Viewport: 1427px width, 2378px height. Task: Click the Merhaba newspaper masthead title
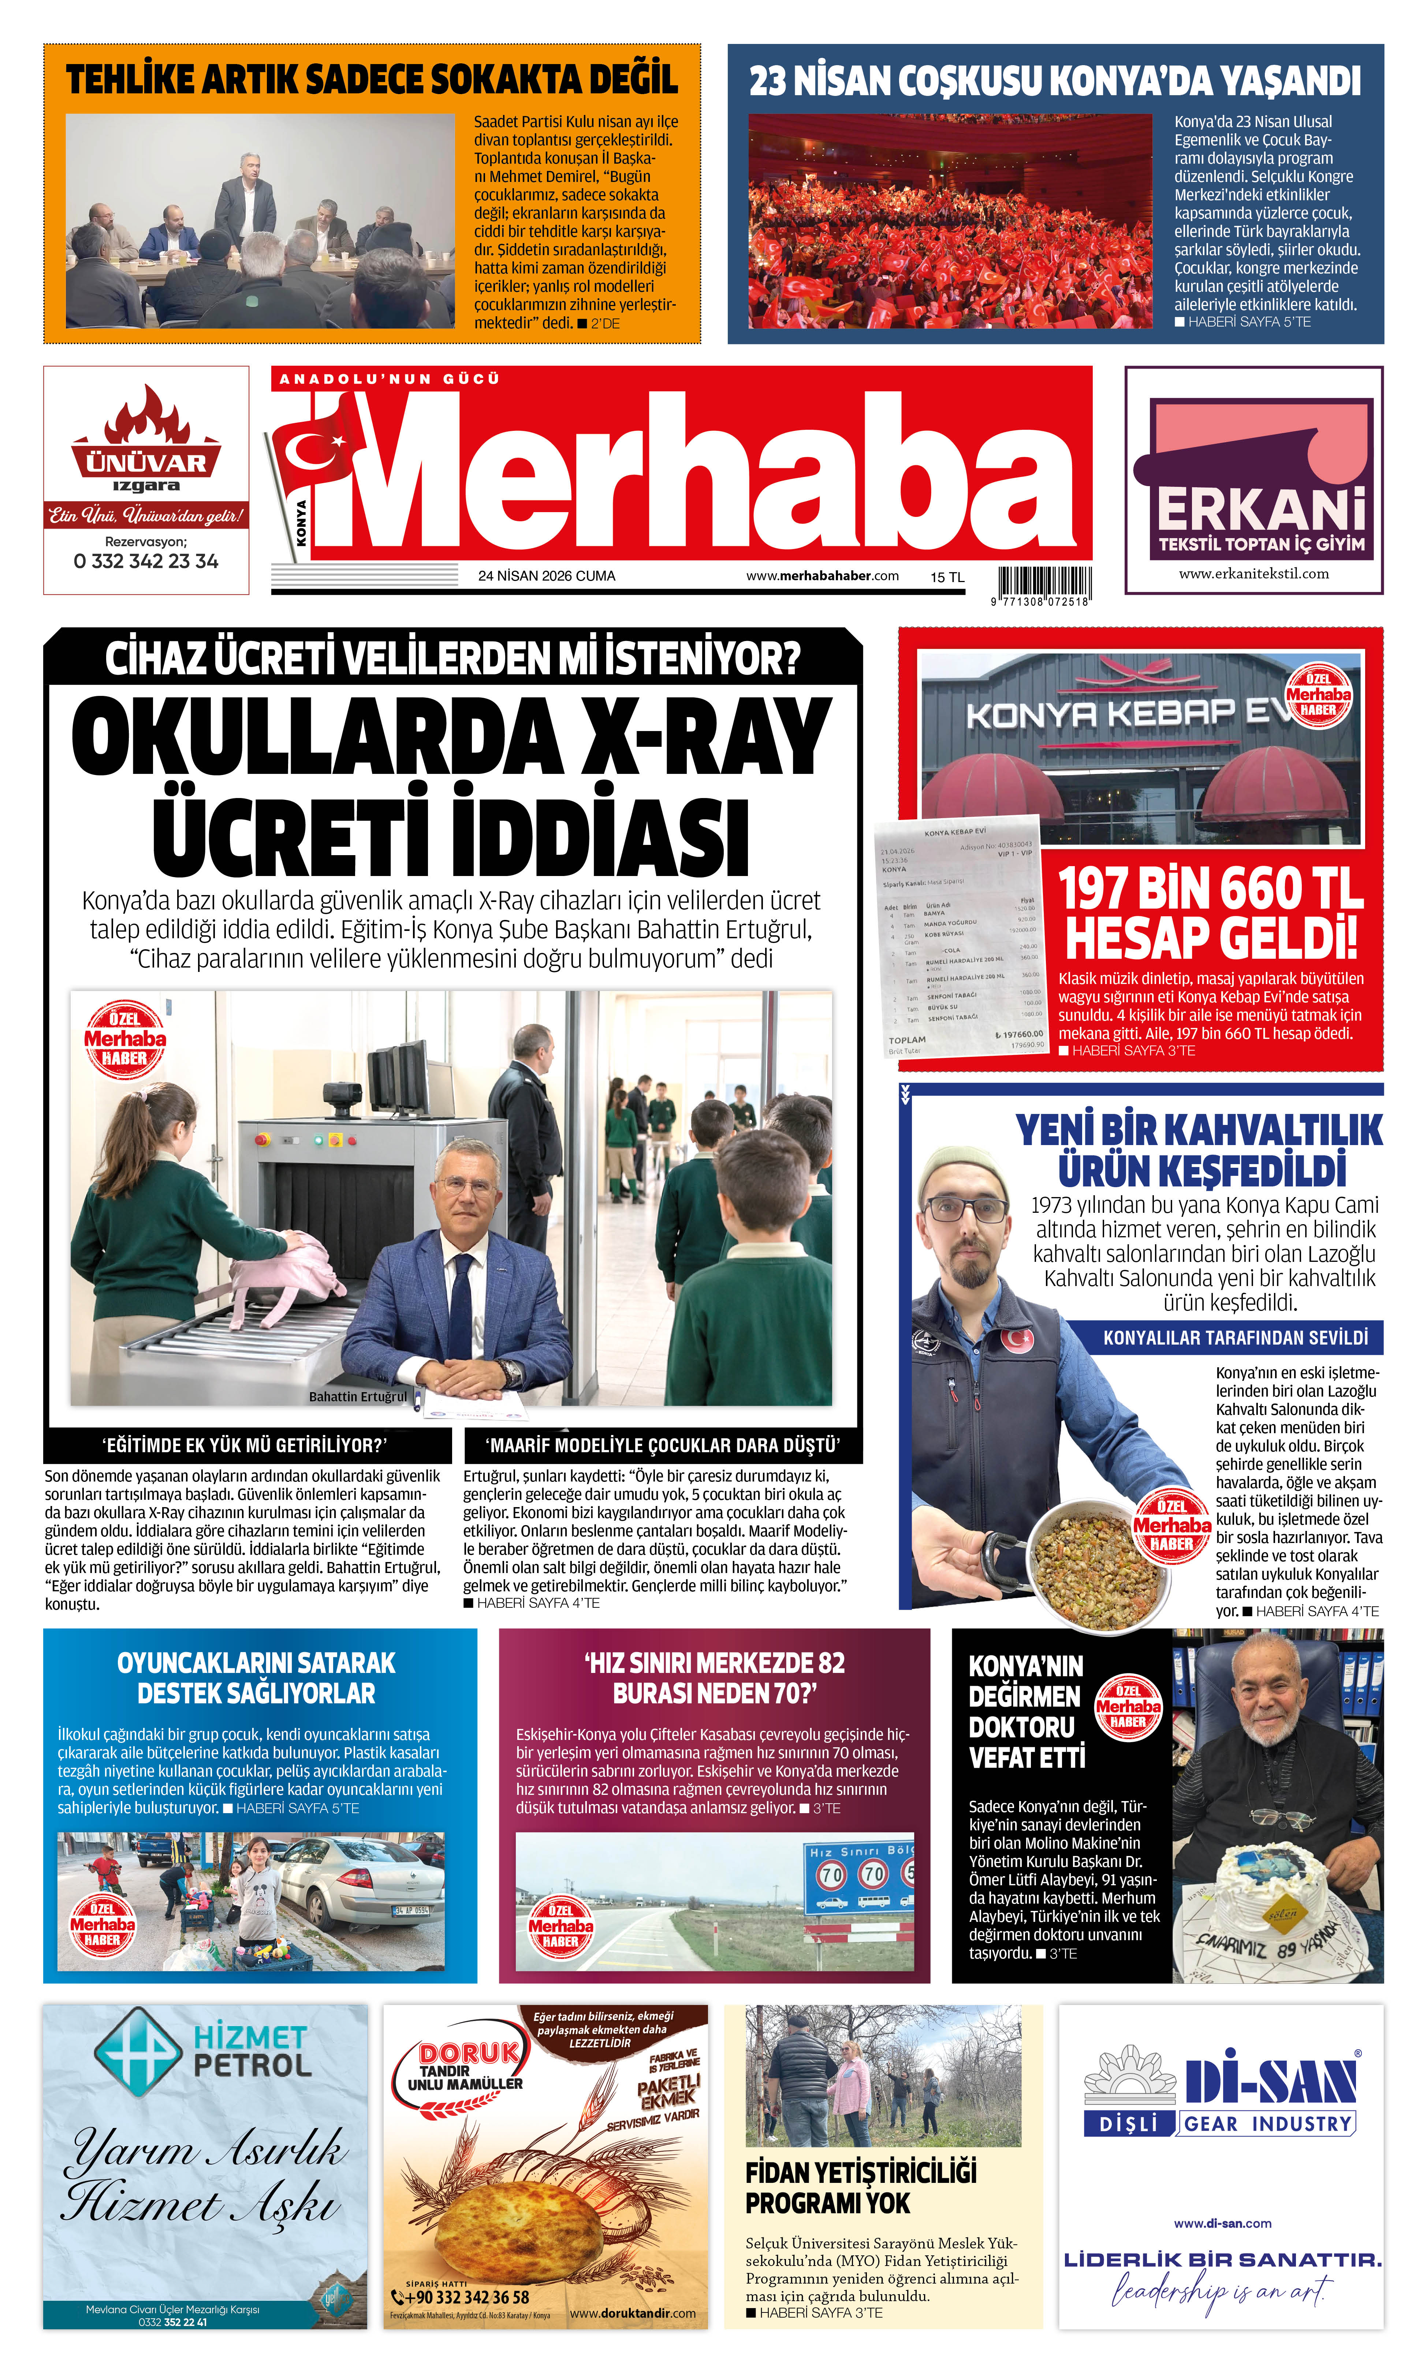pyautogui.click(x=712, y=471)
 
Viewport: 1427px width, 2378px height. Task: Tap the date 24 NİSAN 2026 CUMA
pyautogui.click(x=546, y=576)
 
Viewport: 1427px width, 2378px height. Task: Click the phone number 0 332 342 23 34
pyautogui.click(x=146, y=562)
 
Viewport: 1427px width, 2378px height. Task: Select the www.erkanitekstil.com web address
pyautogui.click(x=1254, y=574)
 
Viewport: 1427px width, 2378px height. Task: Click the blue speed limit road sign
pyautogui.click(x=859, y=1875)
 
